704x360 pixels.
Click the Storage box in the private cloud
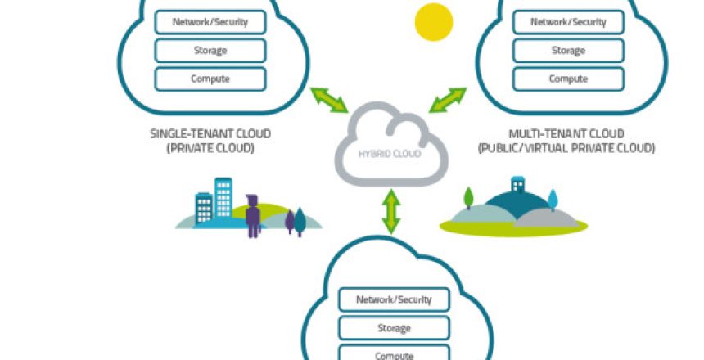(x=210, y=50)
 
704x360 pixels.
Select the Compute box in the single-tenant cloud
(x=210, y=79)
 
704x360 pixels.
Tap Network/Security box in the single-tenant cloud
(x=210, y=22)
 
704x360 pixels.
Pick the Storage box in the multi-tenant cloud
(x=568, y=50)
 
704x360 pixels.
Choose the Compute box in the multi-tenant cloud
(x=568, y=79)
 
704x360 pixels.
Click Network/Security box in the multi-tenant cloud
(x=568, y=22)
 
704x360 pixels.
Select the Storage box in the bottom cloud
(x=395, y=328)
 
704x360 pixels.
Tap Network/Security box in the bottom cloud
(x=395, y=299)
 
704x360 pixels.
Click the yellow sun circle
(x=434, y=22)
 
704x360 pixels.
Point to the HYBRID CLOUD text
(x=390, y=154)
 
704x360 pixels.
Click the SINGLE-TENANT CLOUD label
(x=210, y=133)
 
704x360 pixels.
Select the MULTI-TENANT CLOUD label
(x=566, y=133)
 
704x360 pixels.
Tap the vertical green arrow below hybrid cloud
(x=391, y=211)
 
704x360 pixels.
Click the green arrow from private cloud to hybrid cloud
(x=329, y=100)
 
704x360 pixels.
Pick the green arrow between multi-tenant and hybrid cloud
(x=448, y=100)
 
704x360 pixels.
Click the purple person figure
(x=253, y=216)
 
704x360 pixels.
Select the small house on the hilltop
(x=517, y=184)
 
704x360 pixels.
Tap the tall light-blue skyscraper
(x=223, y=198)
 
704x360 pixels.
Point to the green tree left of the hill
(x=468, y=198)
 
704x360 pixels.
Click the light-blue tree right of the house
(x=553, y=200)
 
